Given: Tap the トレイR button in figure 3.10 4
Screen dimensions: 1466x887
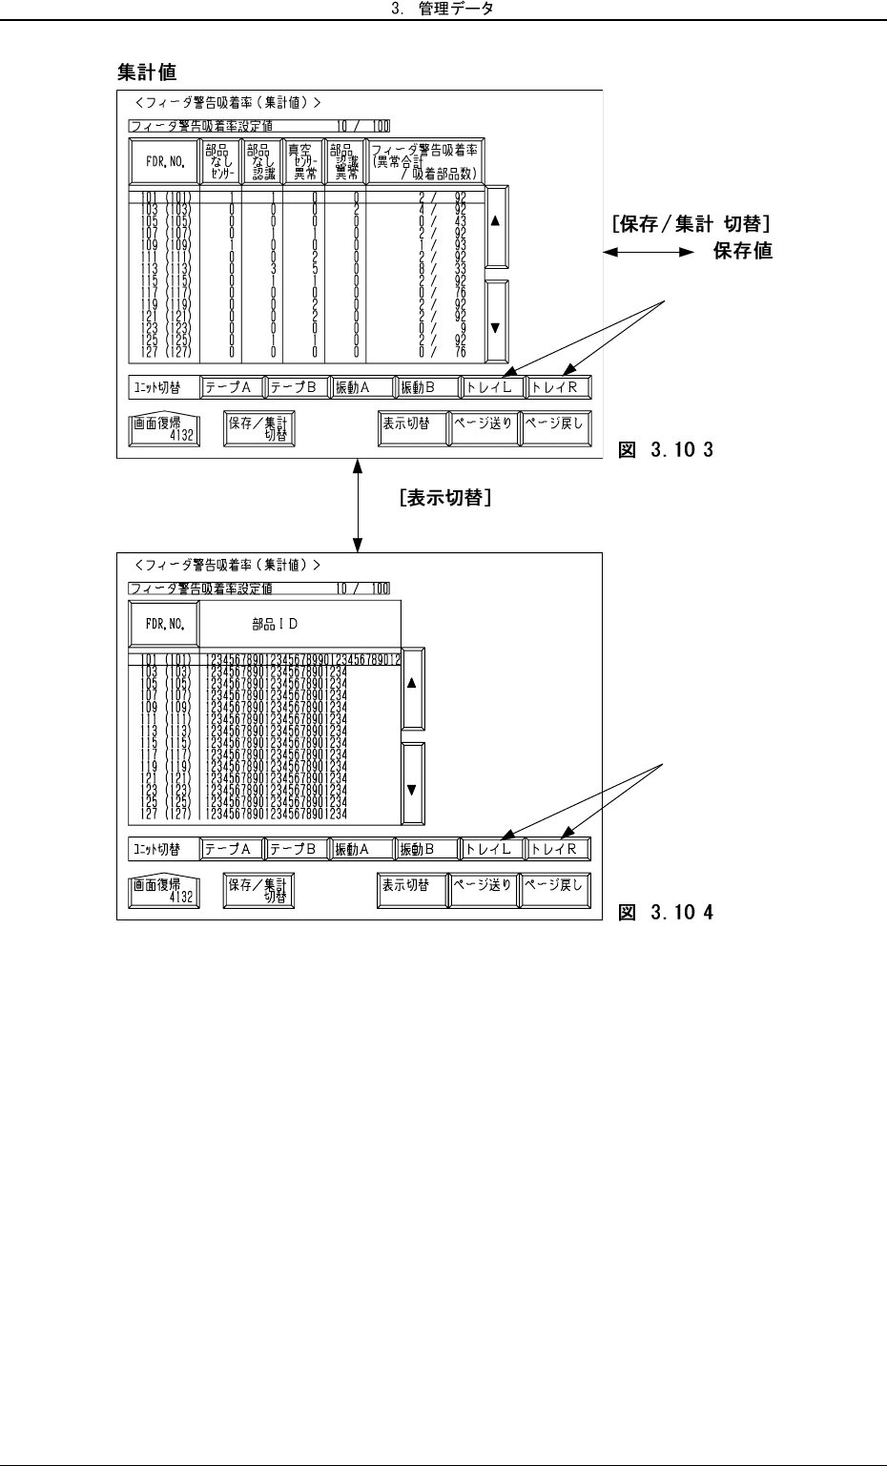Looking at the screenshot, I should pos(558,849).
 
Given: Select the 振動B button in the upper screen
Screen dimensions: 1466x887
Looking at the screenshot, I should pos(424,388).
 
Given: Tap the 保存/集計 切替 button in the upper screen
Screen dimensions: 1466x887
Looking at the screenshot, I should pos(258,429).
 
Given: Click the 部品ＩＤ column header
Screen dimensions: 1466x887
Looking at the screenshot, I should pos(275,625).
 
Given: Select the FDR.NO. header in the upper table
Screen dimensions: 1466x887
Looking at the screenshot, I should pos(164,162).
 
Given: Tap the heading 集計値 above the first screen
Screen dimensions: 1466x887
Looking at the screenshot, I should pos(146,72).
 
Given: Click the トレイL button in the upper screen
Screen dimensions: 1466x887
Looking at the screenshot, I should pos(491,388).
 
